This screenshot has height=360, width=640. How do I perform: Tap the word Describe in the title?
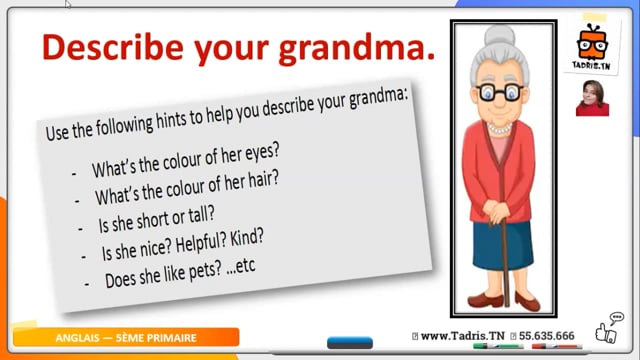point(113,47)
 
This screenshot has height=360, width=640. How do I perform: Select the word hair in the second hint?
point(264,180)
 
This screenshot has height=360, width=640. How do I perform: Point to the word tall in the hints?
point(202,216)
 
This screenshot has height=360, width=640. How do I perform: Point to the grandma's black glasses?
point(500,93)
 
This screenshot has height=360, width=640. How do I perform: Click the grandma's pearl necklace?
point(499,129)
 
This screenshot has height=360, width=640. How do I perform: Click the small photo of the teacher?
point(592,98)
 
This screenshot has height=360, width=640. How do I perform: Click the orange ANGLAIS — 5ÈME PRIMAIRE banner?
point(126,338)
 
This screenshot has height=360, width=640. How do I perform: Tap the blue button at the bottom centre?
point(350,342)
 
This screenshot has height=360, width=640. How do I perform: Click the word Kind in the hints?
point(247,238)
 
